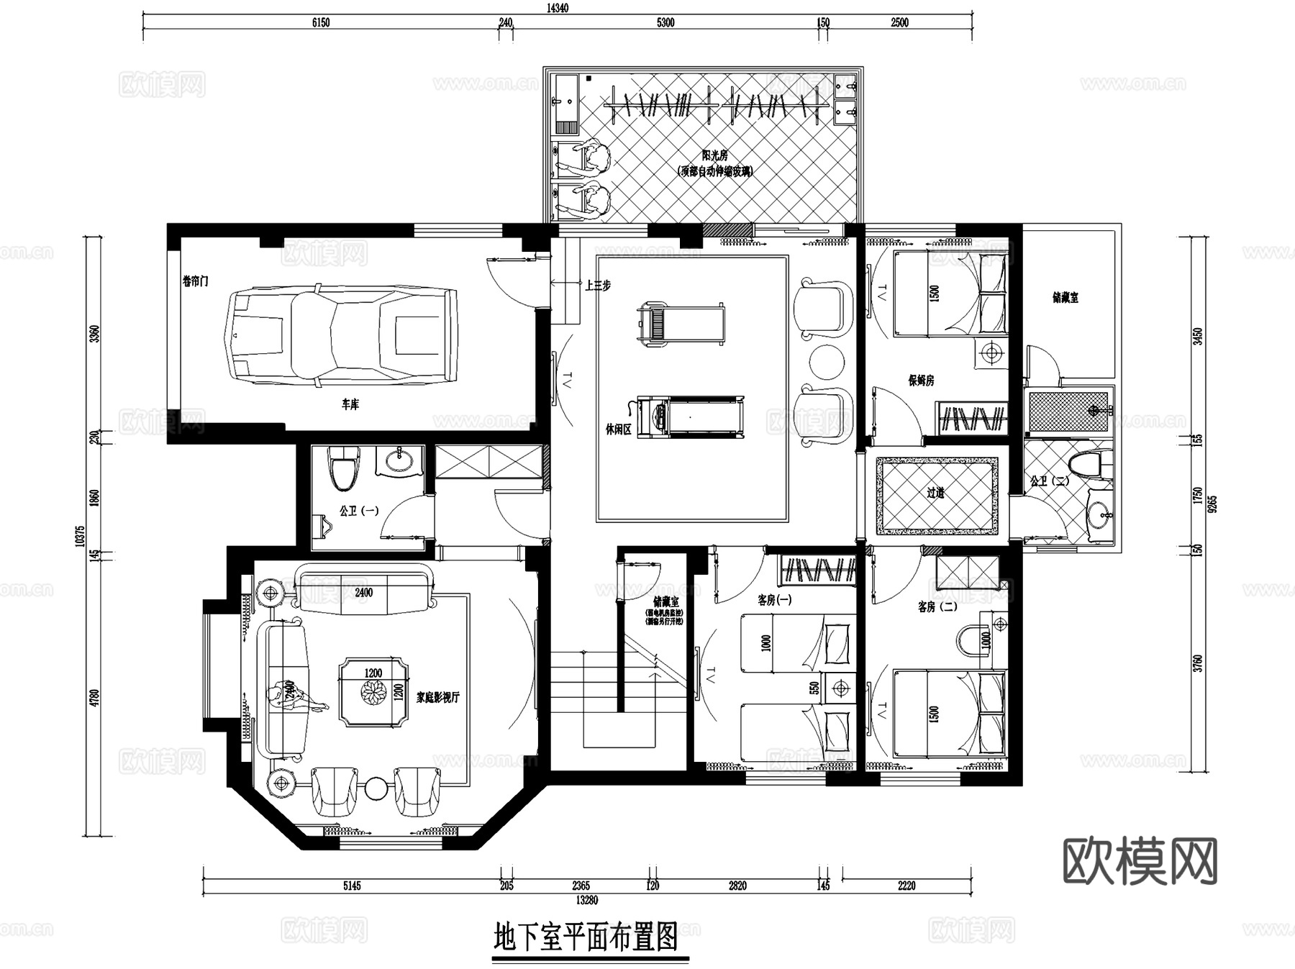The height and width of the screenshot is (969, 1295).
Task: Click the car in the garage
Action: pos(342,336)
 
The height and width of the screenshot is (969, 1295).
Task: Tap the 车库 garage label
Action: pos(350,405)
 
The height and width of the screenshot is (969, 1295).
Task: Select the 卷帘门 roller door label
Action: pos(195,281)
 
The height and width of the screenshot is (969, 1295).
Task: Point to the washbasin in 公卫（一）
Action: pos(398,460)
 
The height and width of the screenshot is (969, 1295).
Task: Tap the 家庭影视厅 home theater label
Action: pos(437,697)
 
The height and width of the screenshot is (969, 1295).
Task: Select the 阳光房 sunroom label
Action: pos(715,155)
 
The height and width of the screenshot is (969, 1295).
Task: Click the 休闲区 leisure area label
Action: pos(617,429)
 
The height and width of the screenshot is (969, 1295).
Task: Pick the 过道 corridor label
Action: pos(935,493)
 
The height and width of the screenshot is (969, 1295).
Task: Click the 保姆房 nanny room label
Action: pos(921,381)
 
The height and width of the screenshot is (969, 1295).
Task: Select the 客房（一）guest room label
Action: pos(774,599)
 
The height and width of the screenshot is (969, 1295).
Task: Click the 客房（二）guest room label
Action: pos(937,607)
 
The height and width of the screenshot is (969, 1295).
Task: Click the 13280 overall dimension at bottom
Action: pos(586,900)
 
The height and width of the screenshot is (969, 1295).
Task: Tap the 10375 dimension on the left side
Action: pos(80,536)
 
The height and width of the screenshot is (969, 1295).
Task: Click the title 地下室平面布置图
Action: pos(586,939)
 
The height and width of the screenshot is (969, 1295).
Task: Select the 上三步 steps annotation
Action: pos(597,286)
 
